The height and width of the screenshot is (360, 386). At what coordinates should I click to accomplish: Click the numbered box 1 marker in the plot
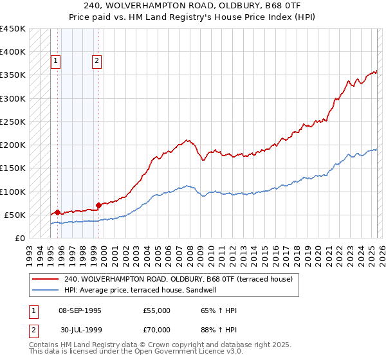pyautogui.click(x=56, y=61)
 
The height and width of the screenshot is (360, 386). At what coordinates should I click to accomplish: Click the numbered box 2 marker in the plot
pyautogui.click(x=96, y=61)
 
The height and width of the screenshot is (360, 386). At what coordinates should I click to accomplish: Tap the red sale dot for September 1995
pyautogui.click(x=57, y=212)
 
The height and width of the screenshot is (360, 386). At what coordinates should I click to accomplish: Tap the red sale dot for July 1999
pyautogui.click(x=98, y=206)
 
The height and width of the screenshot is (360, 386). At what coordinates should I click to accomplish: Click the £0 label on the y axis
pyautogui.click(x=19, y=238)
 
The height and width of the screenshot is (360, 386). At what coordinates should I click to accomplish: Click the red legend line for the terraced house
pyautogui.click(x=45, y=279)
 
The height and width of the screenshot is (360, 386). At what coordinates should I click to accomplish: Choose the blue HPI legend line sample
pyautogui.click(x=45, y=290)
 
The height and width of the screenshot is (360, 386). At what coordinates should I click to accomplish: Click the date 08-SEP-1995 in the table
pyautogui.click(x=80, y=310)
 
